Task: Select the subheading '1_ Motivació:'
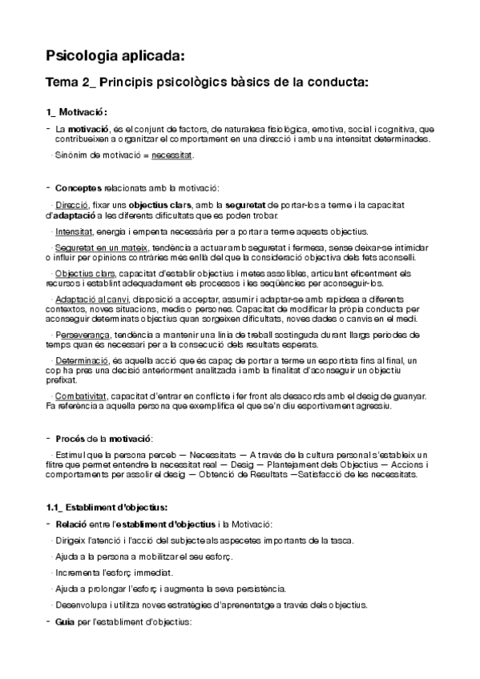click(77, 112)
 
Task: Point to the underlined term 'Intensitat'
click(75, 231)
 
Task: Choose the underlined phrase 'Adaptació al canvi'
click(88, 301)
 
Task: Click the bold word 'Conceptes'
click(78, 188)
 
